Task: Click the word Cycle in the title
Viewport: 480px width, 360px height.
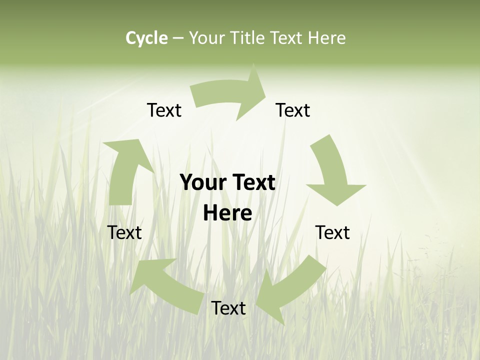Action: pyautogui.click(x=146, y=38)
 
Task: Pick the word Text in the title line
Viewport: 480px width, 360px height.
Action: pyautogui.click(x=288, y=38)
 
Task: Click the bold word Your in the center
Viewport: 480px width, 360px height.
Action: pyautogui.click(x=199, y=183)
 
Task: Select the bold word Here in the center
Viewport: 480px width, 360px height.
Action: pyautogui.click(x=227, y=213)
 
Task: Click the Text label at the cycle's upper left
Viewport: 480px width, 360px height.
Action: pyautogui.click(x=164, y=110)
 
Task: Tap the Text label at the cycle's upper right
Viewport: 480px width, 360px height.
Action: pyautogui.click(x=293, y=110)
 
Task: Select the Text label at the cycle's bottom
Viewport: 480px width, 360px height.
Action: pyautogui.click(x=228, y=308)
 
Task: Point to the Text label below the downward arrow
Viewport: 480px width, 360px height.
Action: pyautogui.click(x=332, y=232)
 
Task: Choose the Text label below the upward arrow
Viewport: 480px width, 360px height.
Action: pyautogui.click(x=124, y=232)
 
